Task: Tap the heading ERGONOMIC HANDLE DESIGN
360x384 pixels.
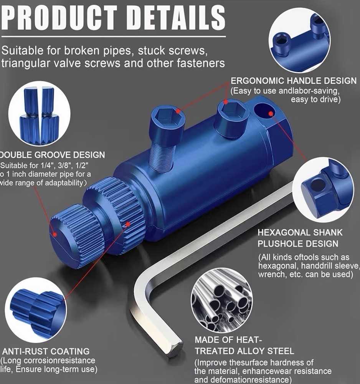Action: tap(293, 81)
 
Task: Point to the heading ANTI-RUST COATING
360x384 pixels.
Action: tap(46, 351)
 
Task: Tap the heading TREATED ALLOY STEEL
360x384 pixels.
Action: tap(244, 351)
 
